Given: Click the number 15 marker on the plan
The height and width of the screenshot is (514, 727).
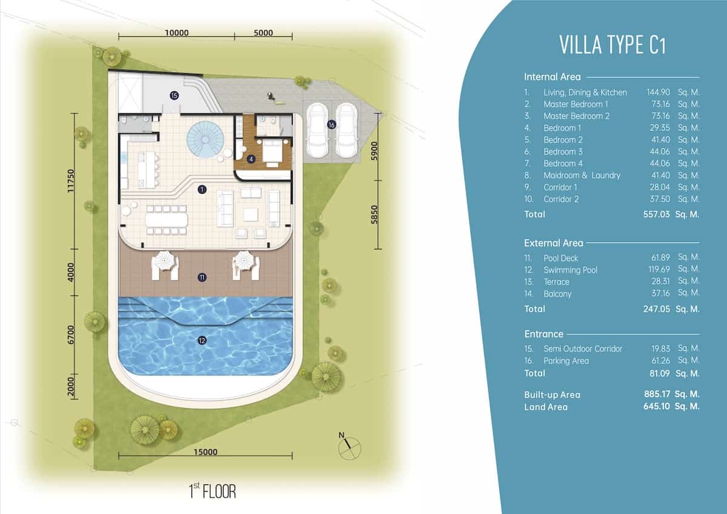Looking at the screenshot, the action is (174, 95).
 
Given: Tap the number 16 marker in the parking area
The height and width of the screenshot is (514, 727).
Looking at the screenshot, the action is (331, 125).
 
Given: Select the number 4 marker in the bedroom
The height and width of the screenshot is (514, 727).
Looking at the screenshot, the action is (251, 159).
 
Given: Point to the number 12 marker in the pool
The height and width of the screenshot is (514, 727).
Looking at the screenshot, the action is (202, 340).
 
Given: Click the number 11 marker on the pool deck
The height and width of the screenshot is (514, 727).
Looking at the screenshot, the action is (202, 277).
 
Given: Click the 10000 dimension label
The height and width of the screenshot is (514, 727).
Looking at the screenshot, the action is (177, 33).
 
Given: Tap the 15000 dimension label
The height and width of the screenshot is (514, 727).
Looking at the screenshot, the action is (205, 452).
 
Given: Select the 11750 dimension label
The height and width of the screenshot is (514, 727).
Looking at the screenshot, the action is (71, 180).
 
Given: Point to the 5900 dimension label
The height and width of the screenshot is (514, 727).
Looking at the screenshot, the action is (374, 151).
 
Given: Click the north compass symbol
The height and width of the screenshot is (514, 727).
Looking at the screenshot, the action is (348, 447).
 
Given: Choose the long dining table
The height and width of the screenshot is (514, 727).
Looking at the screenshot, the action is (167, 220).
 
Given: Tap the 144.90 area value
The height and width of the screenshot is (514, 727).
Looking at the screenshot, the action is (658, 93).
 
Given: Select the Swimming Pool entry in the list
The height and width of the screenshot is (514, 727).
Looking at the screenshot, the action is (570, 270).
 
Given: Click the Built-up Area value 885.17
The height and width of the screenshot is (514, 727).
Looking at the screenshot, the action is (657, 394).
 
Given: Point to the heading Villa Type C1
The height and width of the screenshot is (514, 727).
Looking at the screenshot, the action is (612, 45).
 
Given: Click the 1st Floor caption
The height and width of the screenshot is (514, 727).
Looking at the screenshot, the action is (212, 491).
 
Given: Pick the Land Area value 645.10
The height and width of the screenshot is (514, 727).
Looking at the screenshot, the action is (657, 406).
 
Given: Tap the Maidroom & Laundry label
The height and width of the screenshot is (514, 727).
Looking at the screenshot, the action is (582, 176).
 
